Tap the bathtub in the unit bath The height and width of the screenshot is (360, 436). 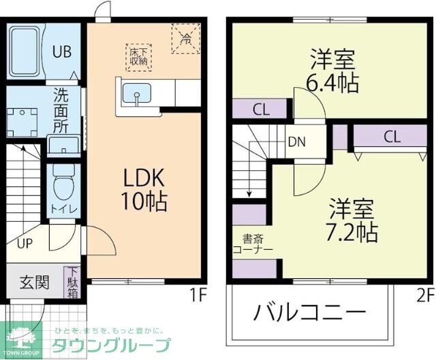tap(27, 51)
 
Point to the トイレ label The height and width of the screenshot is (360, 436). tap(63, 208)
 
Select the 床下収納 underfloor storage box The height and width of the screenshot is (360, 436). tap(139, 56)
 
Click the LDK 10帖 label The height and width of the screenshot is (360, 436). tap(144, 189)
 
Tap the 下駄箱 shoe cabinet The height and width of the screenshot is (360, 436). tap(72, 282)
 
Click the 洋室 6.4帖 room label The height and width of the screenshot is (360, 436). tap(332, 71)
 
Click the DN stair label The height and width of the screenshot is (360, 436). tap(296, 142)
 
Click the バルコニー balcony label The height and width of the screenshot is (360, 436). tap(310, 314)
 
